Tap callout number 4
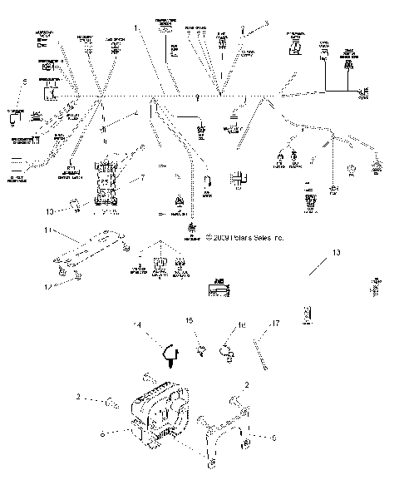(x=136, y=114)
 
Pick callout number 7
(x=142, y=178)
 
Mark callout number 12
(x=47, y=286)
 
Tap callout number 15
(x=189, y=319)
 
